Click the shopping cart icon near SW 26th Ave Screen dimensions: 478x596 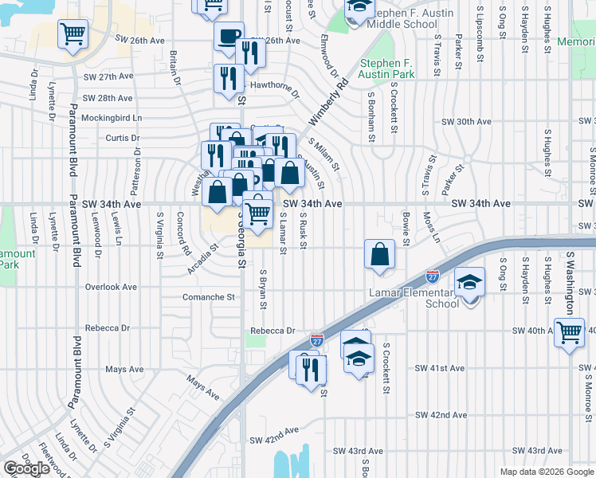[73, 34]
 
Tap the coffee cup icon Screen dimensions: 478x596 [229, 37]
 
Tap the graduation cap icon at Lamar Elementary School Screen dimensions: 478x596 [469, 282]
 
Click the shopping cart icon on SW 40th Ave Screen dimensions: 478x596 [569, 331]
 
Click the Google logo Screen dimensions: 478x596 [26, 468]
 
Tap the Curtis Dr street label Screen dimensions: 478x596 [123, 138]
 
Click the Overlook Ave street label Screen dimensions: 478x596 [111, 287]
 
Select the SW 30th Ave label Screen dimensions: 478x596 [467, 121]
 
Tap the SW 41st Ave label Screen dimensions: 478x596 [439, 368]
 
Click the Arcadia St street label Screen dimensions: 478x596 [204, 258]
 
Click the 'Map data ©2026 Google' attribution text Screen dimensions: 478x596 [546, 471]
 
